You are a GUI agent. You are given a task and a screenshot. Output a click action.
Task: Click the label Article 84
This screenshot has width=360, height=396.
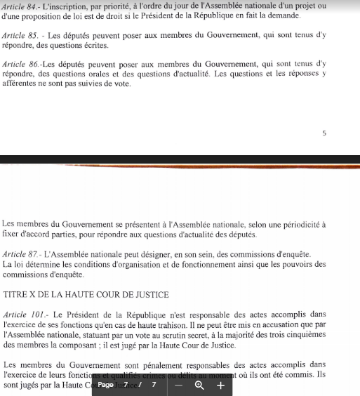(19, 7)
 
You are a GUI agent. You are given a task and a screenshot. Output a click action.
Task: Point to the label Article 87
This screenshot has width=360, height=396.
(19, 253)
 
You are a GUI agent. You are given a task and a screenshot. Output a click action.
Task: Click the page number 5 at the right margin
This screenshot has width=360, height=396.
(324, 133)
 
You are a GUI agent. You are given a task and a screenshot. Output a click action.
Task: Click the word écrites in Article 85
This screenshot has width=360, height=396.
(93, 46)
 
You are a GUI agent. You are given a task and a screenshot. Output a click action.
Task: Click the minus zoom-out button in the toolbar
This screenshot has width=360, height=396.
(179, 385)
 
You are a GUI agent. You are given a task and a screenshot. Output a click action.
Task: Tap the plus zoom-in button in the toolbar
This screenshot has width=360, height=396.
(220, 385)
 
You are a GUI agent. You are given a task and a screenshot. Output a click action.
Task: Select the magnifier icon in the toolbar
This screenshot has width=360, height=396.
(200, 385)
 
